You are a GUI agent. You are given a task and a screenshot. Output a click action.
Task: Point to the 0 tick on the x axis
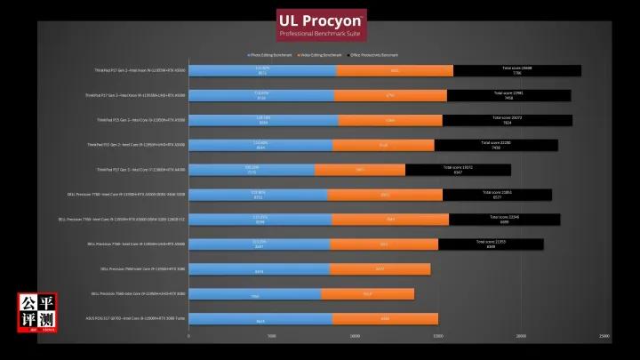pyautogui.click(x=188, y=336)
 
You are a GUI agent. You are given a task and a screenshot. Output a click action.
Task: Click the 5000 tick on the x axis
pyautogui.click(x=271, y=336)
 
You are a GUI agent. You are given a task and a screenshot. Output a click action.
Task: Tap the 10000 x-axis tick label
pyautogui.click(x=355, y=336)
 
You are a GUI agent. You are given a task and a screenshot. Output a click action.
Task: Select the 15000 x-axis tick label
pyautogui.click(x=438, y=336)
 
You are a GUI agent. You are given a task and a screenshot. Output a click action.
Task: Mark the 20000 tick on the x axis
pyautogui.click(x=521, y=336)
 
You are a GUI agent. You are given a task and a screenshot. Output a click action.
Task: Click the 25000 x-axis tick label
pyautogui.click(x=604, y=336)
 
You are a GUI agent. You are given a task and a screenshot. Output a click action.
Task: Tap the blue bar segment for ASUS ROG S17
pyautogui.click(x=260, y=318)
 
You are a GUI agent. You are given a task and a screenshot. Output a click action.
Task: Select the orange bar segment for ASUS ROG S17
pyautogui.click(x=385, y=318)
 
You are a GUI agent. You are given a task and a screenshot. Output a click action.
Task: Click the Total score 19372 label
pyautogui.click(x=458, y=167)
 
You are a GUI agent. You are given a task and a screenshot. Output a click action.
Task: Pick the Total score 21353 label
pyautogui.click(x=491, y=242)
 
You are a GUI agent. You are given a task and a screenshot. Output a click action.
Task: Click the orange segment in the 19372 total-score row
pyautogui.click(x=360, y=169)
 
